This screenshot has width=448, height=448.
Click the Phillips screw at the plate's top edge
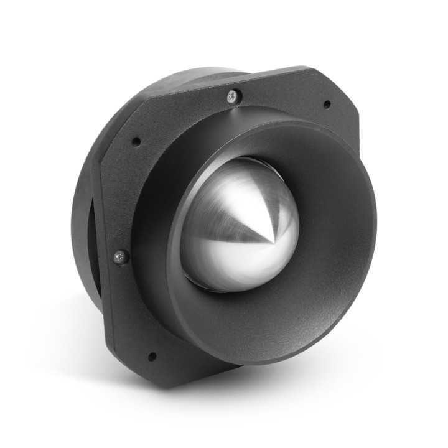(x=233, y=96)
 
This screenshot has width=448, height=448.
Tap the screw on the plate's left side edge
(x=119, y=256)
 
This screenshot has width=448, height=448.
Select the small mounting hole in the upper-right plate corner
(x=326, y=104)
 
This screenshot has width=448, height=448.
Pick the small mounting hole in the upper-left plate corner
(x=136, y=141)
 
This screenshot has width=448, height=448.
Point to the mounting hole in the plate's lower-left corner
(x=151, y=357)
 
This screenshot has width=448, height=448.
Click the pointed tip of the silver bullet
(x=273, y=241)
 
